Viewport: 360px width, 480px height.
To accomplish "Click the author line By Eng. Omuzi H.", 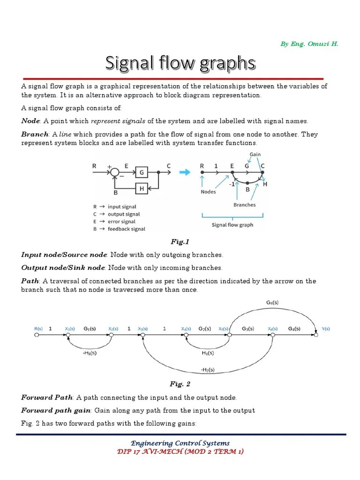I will [x=309, y=44].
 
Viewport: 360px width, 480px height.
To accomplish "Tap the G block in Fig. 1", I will [x=141, y=172].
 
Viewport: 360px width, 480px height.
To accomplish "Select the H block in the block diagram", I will [x=141, y=188].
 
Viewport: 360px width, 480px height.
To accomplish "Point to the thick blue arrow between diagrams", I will [x=185, y=172].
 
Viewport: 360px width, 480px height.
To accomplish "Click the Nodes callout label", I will [x=208, y=191].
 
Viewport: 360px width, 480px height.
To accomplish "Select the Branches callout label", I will [x=245, y=204].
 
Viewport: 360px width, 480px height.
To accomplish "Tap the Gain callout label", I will [x=255, y=154].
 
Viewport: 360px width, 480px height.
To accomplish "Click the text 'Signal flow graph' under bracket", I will [x=232, y=225].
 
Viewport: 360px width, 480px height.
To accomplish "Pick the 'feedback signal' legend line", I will [x=120, y=229].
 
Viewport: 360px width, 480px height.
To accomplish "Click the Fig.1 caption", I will [x=180, y=242].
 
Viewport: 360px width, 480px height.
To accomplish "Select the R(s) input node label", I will [x=39, y=329].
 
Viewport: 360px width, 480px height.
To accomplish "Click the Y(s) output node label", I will [x=325, y=329].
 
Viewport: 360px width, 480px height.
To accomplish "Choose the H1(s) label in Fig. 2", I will [x=207, y=352].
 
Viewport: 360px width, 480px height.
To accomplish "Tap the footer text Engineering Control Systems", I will [x=180, y=443].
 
